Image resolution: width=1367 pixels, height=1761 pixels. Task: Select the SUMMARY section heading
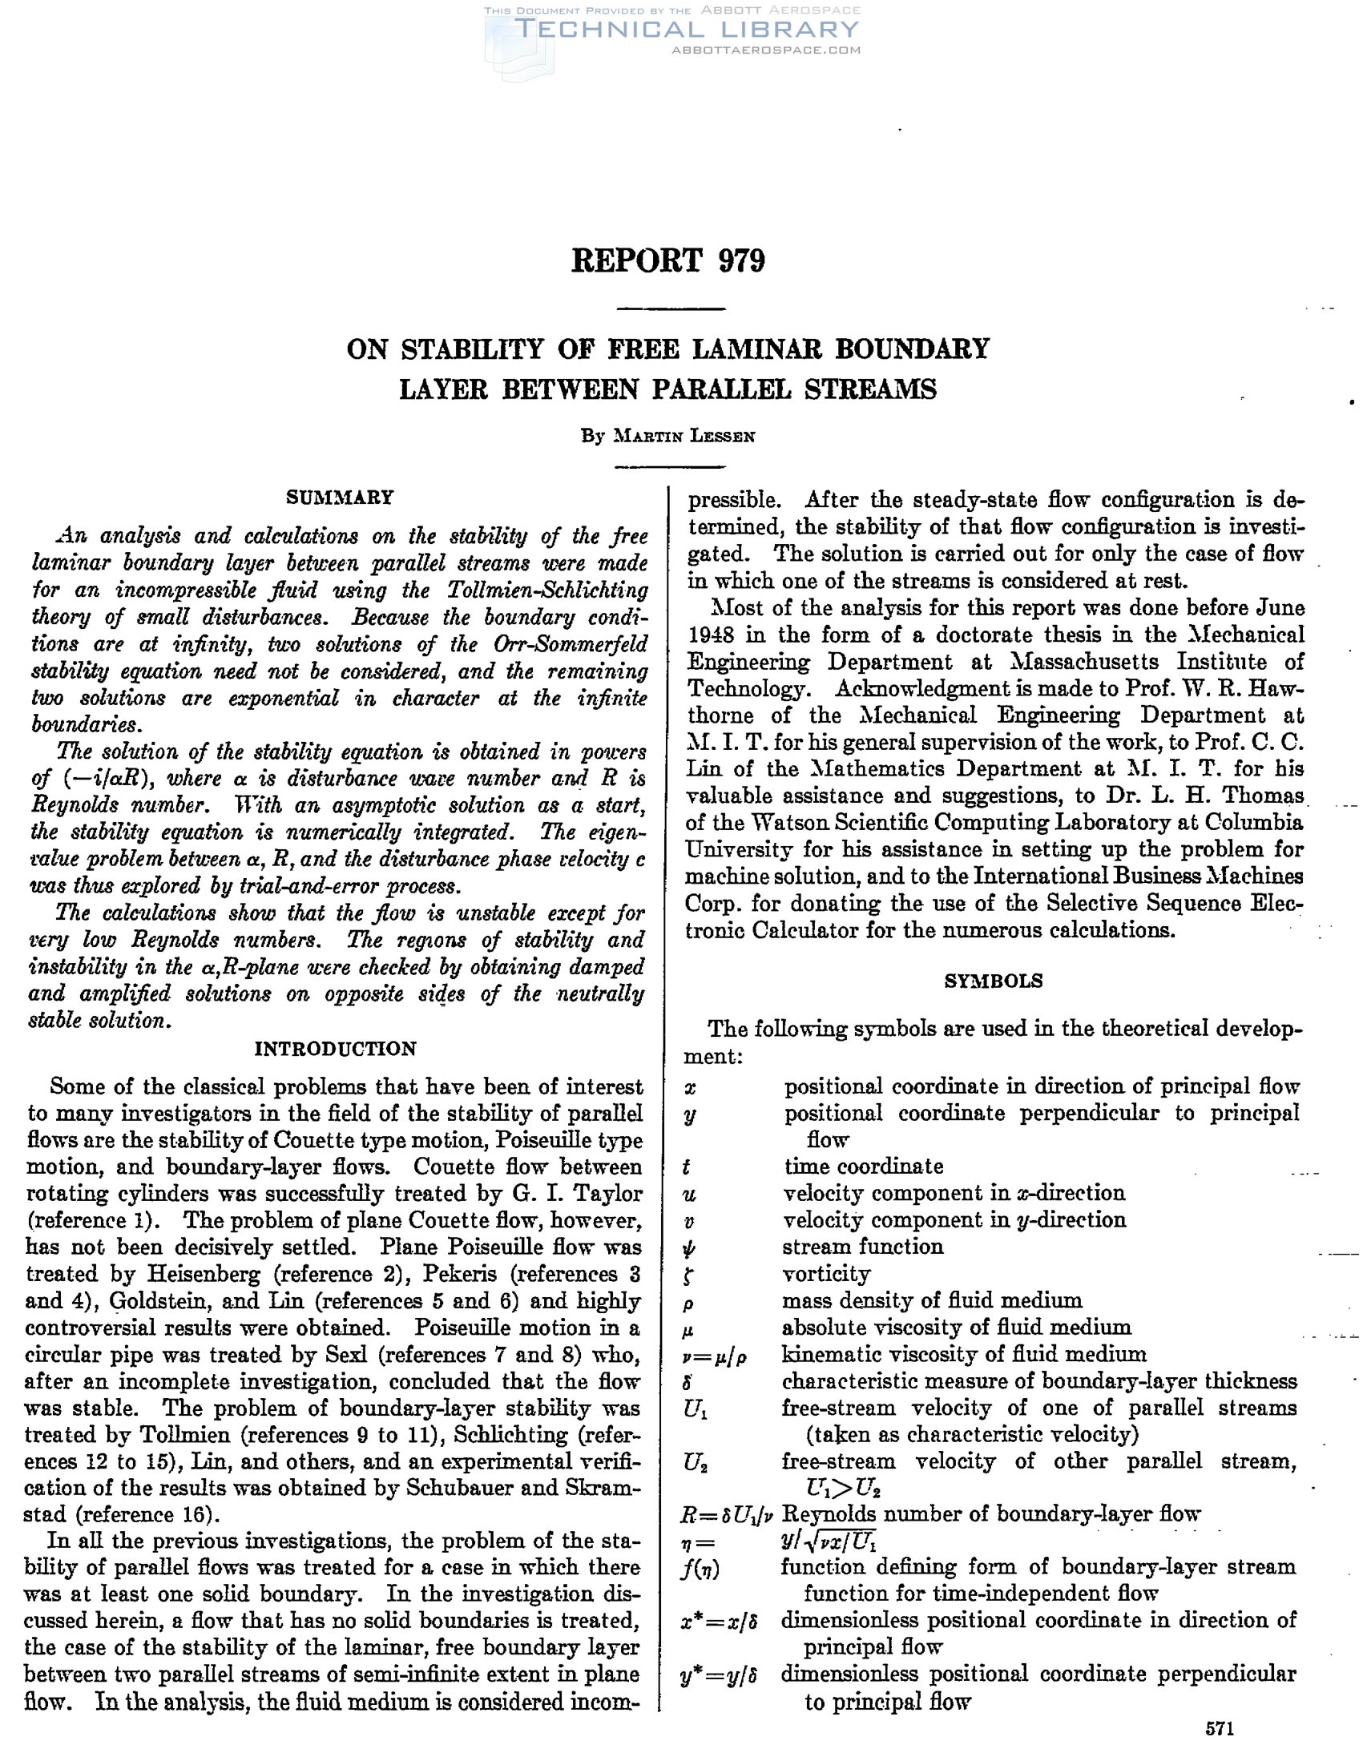pos(340,497)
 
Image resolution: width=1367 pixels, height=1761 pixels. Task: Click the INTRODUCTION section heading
pos(336,1048)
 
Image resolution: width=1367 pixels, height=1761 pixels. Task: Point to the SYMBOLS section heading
pos(993,981)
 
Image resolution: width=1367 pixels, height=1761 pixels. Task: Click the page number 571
pos(1220,1729)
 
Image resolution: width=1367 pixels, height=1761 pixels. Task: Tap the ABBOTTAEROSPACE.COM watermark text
pos(766,50)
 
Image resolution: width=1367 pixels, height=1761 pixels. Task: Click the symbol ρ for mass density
pos(689,1303)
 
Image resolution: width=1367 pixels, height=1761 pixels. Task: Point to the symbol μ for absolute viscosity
pos(689,1330)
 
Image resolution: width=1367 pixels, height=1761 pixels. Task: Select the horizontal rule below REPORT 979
pos(670,308)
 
